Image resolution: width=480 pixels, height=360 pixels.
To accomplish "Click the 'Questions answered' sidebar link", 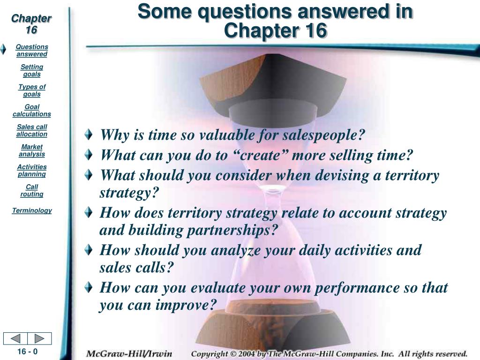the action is point(32,51).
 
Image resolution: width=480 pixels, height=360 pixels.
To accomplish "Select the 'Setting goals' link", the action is point(32,70).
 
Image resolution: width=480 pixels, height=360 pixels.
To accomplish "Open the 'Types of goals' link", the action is point(32,90).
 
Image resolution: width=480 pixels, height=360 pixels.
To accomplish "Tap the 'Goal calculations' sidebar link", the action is point(32,111).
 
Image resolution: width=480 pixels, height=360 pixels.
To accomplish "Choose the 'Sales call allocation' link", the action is point(32,130).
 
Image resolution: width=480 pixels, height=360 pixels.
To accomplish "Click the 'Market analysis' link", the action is point(32,150).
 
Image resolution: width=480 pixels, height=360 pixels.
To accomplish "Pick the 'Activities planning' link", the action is point(32,171).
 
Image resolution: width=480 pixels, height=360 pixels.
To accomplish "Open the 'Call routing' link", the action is point(32,190).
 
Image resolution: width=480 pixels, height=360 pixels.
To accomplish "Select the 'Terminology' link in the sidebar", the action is point(32,210).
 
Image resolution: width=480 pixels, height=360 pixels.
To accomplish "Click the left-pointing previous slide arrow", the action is point(15,338).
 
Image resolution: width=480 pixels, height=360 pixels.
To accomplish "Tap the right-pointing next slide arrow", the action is point(39,338).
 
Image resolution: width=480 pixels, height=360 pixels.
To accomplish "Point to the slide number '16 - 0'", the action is point(27,352).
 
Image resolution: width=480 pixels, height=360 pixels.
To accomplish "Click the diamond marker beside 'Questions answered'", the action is point(3,49).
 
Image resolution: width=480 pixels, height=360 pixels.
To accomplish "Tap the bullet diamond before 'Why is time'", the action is point(89,135).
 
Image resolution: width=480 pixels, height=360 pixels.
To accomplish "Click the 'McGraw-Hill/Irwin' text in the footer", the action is point(129,353).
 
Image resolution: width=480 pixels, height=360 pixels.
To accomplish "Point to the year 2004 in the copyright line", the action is point(247,353).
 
